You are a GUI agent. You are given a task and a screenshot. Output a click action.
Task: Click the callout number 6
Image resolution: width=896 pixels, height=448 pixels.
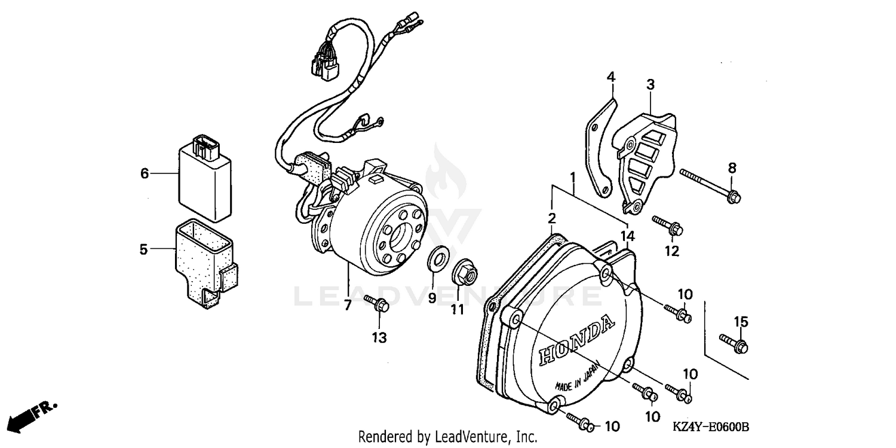coord(144,173)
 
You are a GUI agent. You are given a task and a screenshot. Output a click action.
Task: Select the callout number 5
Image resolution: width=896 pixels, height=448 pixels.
coord(143,249)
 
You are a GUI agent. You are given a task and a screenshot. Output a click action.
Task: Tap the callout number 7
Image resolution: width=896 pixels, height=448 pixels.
coord(347,306)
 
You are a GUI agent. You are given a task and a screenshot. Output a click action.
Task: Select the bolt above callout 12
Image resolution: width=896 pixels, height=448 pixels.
coord(668,225)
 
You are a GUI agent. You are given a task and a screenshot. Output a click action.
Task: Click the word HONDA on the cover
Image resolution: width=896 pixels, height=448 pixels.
coord(577,342)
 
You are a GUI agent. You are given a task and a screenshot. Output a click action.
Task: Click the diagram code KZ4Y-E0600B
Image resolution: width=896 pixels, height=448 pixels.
coord(711,428)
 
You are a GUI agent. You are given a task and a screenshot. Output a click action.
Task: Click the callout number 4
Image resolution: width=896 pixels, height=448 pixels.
coord(610,77)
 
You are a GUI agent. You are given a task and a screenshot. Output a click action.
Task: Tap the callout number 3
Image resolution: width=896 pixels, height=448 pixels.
coord(650,85)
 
